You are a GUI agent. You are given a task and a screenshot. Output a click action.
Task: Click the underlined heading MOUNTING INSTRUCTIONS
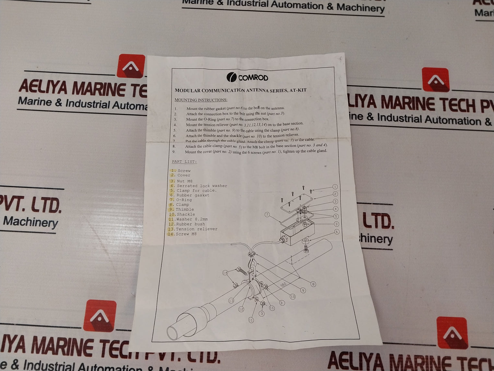pos(201,100)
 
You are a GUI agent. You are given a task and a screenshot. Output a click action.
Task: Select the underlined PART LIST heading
pos(184,162)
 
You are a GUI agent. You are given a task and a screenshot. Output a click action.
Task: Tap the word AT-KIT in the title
pos(298,90)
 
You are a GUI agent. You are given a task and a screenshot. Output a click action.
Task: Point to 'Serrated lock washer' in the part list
pos(202,186)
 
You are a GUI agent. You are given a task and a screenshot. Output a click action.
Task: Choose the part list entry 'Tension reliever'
pos(196,229)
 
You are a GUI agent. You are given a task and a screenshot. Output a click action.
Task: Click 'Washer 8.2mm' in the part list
pos(192,219)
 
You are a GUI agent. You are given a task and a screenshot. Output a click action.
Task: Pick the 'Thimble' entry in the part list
pos(185,209)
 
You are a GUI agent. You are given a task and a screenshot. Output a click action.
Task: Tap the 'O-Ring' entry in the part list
pos(184,200)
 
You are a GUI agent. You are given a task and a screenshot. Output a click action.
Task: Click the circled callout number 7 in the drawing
pos(267,215)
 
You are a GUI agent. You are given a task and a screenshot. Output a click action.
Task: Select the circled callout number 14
pos(225,273)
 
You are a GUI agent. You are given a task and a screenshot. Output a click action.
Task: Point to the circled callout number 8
pos(313,284)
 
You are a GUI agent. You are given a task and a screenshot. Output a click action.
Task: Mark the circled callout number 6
pos(337,232)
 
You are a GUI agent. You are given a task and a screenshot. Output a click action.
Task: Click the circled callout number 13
pos(231,301)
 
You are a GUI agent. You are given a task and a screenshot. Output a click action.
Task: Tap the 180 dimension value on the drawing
pos(283,285)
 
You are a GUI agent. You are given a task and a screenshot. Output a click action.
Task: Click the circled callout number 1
pos(335,187)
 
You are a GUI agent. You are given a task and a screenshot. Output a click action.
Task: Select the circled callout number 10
pos(293,297)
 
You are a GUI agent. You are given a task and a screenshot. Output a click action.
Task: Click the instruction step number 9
pos(174,152)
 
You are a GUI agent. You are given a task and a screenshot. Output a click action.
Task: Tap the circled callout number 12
pos(241,309)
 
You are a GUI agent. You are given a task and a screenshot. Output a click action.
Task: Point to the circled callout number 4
pos(336,209)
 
